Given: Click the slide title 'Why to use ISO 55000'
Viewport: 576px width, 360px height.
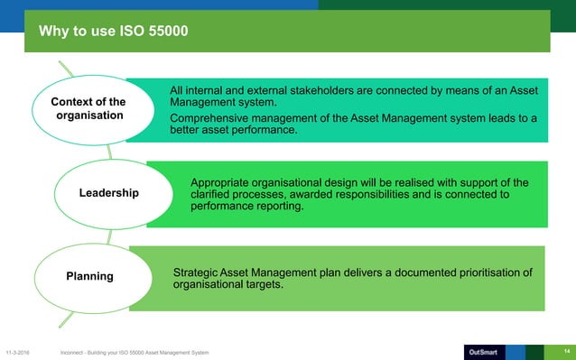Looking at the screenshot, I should point(113,33).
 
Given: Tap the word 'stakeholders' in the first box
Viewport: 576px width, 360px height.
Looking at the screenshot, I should point(330,90).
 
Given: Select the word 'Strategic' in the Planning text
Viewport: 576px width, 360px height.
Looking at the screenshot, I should point(196,272).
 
